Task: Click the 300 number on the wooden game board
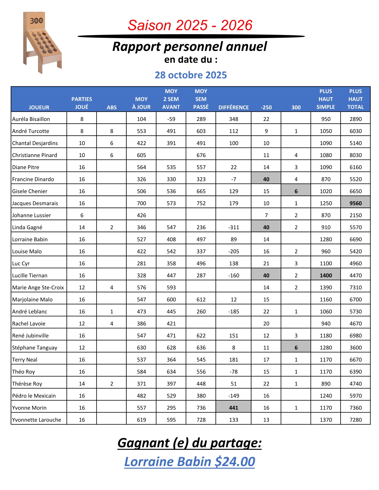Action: (36, 21)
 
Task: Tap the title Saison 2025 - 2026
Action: (190, 25)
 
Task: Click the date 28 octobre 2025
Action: (191, 75)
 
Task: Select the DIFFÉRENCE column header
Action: (233, 107)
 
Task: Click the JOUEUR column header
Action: (39, 107)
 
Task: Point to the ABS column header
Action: (111, 107)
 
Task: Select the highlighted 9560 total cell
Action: (355, 203)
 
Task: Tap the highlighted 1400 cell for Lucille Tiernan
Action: (326, 275)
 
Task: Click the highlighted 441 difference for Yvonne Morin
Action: (233, 408)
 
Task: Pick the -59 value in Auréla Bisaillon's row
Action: (171, 119)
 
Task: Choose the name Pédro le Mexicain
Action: (34, 396)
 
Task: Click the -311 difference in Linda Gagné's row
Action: (233, 227)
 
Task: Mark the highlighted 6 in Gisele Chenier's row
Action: (296, 191)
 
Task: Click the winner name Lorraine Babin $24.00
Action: (189, 462)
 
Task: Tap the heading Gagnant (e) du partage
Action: (189, 443)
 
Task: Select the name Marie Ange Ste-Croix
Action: (38, 287)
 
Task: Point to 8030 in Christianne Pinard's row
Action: (355, 155)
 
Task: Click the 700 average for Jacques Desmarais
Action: (142, 203)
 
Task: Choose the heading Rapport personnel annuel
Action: (189, 47)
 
